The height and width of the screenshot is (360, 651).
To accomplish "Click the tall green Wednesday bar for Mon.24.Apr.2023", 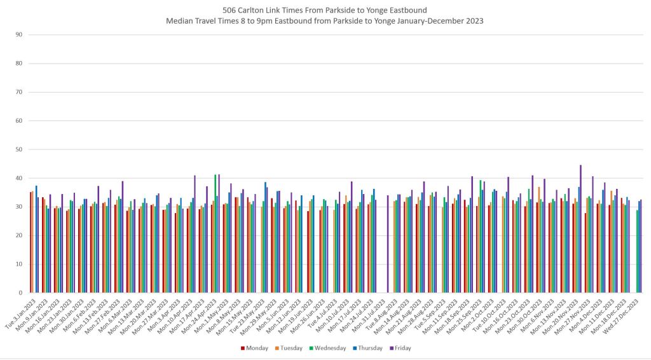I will coord(216,233).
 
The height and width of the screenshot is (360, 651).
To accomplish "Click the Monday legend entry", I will coord(254,348).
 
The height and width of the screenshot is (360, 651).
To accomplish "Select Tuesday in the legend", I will coord(289,348).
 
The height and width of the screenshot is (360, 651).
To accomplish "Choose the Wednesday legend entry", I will coord(328,348).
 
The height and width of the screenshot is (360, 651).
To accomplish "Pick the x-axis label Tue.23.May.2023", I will coord(252,312).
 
